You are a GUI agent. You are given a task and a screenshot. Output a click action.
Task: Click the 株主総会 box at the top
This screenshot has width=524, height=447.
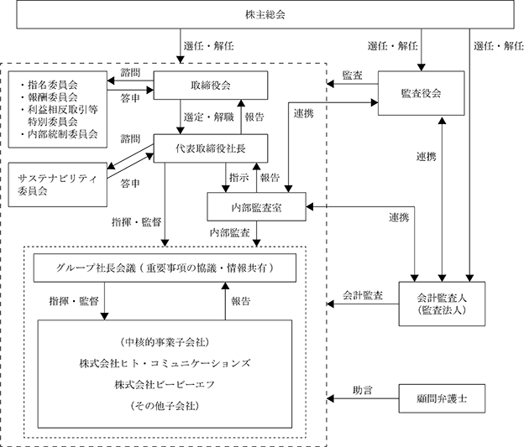coord(265,14)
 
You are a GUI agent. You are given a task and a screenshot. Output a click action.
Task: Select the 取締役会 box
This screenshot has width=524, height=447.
coord(211,86)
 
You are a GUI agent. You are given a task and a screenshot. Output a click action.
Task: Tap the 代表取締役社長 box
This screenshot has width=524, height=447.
coord(211,148)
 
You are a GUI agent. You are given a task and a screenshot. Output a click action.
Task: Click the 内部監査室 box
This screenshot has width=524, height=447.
coord(256,207)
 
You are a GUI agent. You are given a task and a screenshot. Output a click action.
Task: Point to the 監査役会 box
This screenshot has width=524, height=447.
coord(421,93)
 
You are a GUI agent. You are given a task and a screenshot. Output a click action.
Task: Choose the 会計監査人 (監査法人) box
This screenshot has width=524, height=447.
coord(442,304)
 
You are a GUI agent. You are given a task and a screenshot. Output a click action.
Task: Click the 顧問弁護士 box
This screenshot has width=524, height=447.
coord(442,398)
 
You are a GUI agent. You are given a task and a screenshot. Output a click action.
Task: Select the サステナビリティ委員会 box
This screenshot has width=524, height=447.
coord(57,185)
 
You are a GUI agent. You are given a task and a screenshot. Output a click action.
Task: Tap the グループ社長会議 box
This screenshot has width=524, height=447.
coord(165,268)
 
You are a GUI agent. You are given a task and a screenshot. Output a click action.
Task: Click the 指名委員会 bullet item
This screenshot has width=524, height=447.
coord(49,85)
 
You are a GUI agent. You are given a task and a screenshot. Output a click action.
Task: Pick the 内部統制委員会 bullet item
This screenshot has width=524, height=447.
coord(59,134)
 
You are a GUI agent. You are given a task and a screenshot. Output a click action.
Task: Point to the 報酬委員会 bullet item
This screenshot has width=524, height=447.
coord(49,97)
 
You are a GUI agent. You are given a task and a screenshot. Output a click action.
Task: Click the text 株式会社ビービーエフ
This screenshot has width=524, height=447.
coord(165,385)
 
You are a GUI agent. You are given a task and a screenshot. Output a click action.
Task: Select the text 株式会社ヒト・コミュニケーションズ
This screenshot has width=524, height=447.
coord(165,363)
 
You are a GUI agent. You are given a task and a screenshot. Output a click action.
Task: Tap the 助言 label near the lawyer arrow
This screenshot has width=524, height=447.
coord(363,390)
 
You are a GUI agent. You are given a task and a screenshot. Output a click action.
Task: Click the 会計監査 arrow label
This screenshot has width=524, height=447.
coord(363,295)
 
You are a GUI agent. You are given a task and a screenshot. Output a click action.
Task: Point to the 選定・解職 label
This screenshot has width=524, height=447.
coord(208,117)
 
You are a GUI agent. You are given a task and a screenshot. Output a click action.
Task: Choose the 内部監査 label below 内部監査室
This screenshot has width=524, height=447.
coord(229,232)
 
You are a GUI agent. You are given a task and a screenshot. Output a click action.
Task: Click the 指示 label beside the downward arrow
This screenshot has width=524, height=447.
coord(239,177)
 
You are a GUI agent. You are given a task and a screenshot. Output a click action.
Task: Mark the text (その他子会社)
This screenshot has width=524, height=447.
coord(165,406)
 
